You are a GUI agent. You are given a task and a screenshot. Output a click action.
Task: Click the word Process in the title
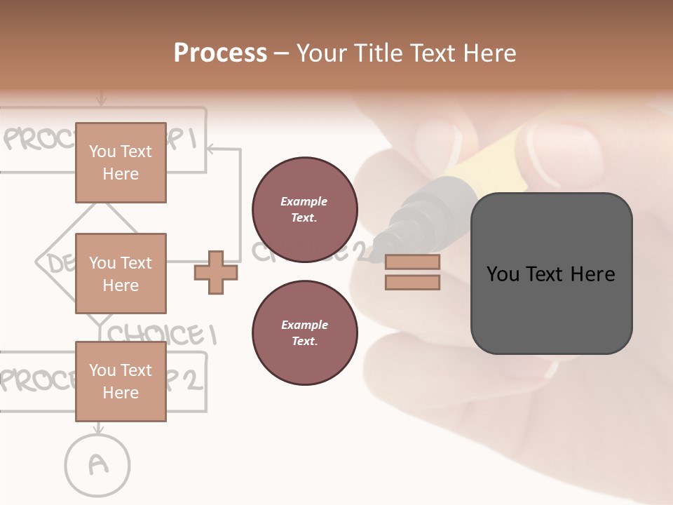click(x=220, y=53)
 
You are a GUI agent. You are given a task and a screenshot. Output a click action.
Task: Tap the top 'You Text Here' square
click(x=121, y=163)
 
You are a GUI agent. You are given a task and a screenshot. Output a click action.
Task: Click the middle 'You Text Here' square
click(x=121, y=274)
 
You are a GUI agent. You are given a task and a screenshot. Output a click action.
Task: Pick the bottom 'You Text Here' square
click(x=121, y=382)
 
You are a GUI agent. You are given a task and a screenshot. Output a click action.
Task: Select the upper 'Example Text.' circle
click(x=304, y=210)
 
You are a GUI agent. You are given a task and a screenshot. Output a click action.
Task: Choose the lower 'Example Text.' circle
click(x=304, y=333)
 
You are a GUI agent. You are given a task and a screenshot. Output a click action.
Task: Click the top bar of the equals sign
click(x=412, y=262)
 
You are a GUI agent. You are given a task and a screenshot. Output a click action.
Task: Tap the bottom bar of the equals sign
click(x=412, y=282)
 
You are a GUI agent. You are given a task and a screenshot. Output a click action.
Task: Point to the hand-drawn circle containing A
click(x=98, y=464)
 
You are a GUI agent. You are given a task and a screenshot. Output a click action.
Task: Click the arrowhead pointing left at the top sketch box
click(x=212, y=149)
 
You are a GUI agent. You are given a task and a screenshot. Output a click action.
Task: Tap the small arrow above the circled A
click(x=98, y=428)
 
